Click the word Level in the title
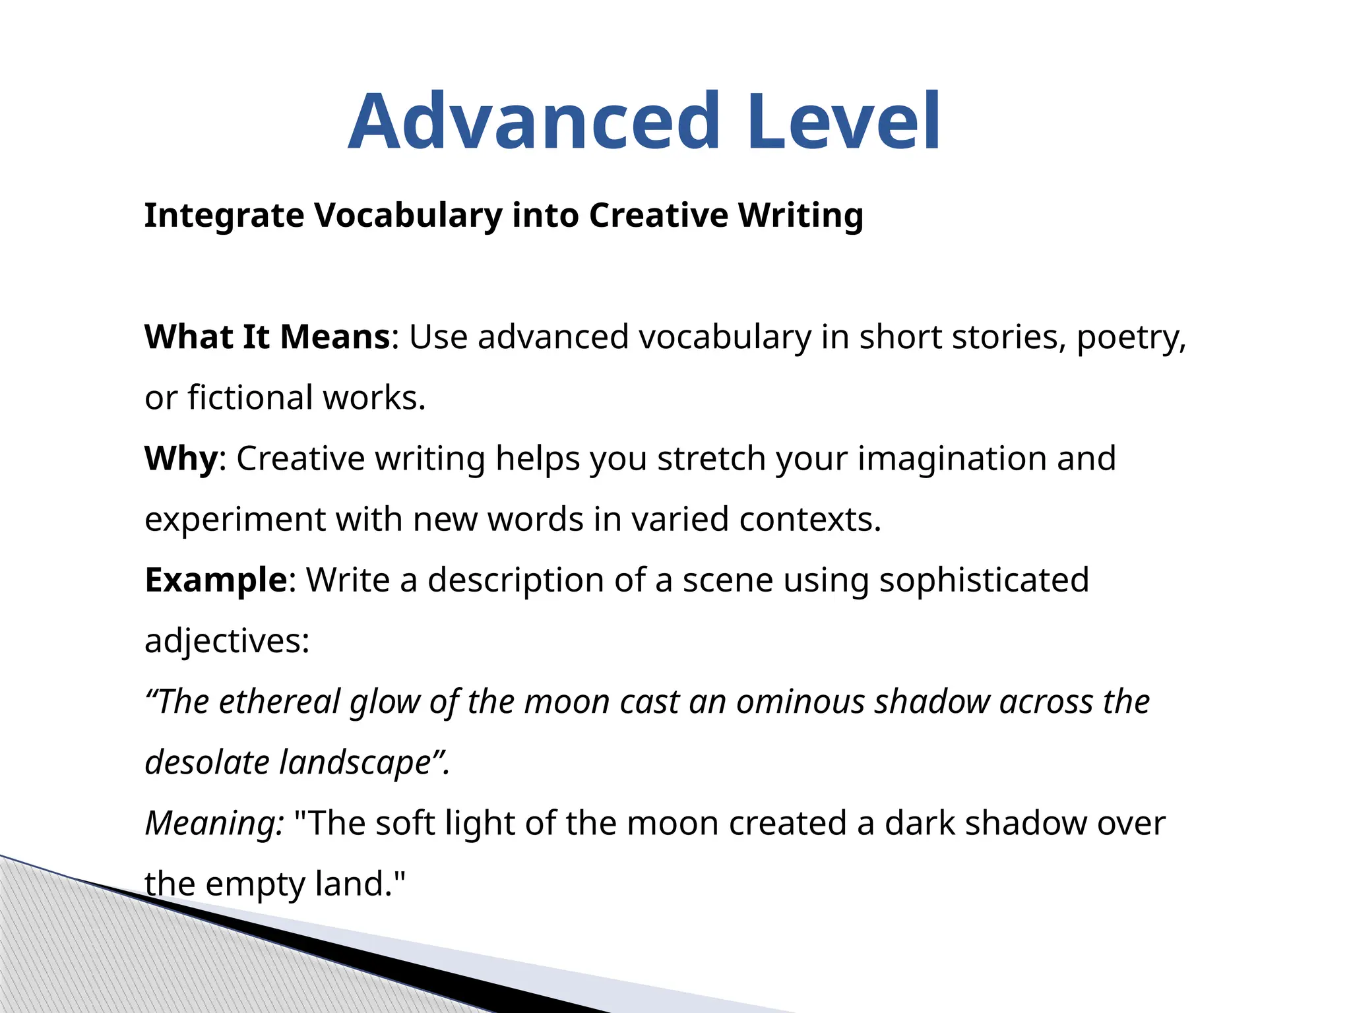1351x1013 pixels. tap(844, 122)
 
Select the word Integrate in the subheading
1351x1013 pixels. tap(224, 216)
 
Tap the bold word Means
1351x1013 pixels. tap(334, 337)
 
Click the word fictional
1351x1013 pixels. tap(250, 398)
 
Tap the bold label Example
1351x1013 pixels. tap(216, 580)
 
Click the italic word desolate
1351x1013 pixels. tap(206, 762)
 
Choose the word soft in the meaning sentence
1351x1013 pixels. tap(404, 823)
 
